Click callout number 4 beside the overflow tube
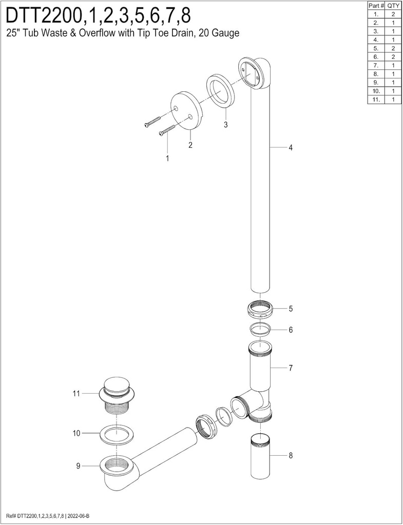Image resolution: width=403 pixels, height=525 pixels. pos(291,147)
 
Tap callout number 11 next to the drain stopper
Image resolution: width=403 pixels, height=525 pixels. pos(76,393)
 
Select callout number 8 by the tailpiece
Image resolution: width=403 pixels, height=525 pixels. pos(291,455)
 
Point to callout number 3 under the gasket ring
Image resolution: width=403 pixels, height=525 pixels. pos(226,125)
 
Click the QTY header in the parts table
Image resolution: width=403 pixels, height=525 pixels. pos(393,6)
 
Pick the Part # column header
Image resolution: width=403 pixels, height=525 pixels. pos(376,6)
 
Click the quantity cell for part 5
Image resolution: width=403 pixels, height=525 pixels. pos(393,48)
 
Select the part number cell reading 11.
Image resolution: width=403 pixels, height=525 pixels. pos(376,99)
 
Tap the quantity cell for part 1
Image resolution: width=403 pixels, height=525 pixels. pos(393,14)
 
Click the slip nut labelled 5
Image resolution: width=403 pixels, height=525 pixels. pos(261,309)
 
